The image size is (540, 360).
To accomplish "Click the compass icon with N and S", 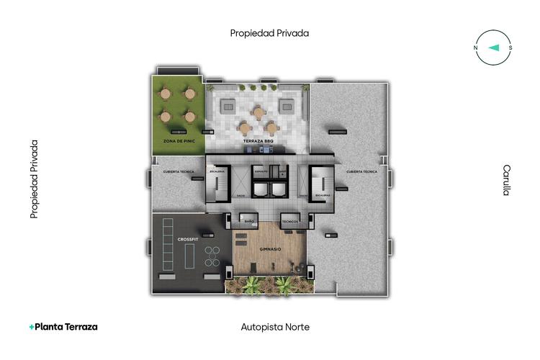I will (x=493, y=48).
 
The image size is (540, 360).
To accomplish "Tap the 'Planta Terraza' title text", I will (x=66, y=327).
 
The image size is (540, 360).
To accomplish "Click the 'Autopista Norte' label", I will (x=275, y=327).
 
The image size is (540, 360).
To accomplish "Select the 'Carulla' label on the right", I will (x=507, y=180).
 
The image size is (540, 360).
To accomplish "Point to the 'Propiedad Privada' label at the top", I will (x=269, y=32).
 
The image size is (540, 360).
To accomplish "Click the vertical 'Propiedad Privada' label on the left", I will (x=34, y=179).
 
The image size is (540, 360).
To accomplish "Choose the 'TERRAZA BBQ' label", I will (x=259, y=141).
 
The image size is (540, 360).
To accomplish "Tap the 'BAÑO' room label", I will (x=250, y=221).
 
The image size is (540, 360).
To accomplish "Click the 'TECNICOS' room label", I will (x=290, y=221).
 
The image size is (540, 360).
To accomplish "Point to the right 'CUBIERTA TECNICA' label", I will (x=361, y=172).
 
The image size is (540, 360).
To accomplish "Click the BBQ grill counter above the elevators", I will (x=266, y=149).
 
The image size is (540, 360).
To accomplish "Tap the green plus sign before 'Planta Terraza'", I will (x=31, y=327).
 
